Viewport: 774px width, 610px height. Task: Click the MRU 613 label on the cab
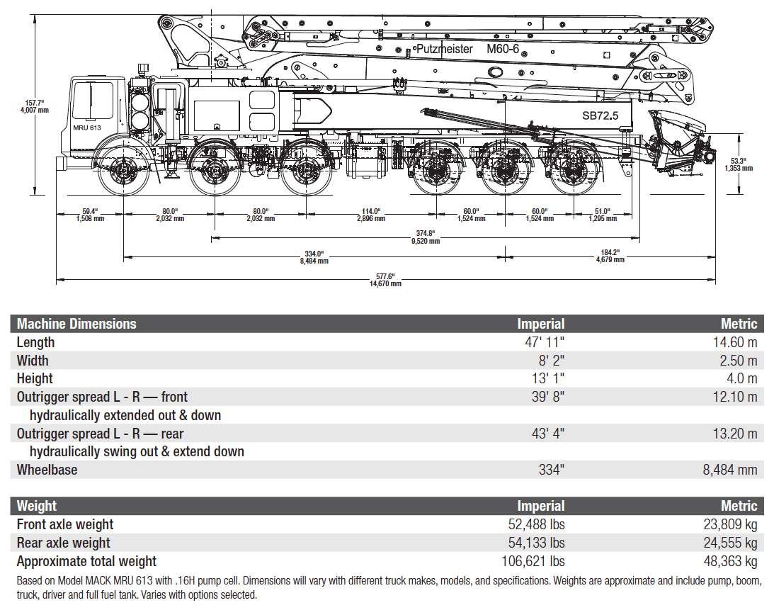87,128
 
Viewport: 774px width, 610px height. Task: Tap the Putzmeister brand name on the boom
445,49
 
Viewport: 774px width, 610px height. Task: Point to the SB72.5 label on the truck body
600,115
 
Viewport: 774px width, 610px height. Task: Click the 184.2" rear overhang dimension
610,256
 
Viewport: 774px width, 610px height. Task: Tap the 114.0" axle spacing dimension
371,215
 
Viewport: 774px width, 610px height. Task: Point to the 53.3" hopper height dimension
738,164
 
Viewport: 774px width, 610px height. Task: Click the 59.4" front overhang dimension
89,215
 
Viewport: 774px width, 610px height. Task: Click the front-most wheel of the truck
123,171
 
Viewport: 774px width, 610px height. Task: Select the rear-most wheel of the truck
575,170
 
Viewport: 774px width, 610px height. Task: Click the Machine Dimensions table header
76,324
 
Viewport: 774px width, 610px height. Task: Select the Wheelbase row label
47,470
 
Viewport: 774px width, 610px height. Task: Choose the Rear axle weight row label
64,543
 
